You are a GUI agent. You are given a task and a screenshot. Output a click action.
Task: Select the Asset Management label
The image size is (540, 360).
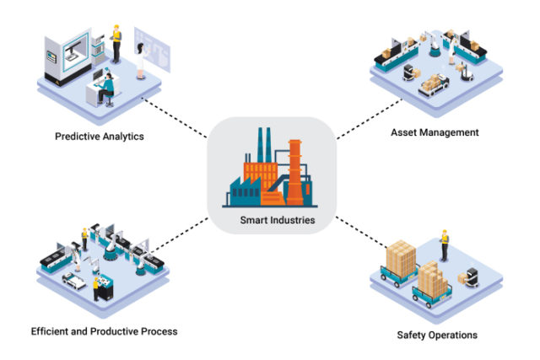click(x=435, y=132)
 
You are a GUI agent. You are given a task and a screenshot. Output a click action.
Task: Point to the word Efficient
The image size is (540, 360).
click(x=51, y=331)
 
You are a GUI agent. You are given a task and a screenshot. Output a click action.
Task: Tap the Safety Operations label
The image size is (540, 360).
click(x=437, y=335)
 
